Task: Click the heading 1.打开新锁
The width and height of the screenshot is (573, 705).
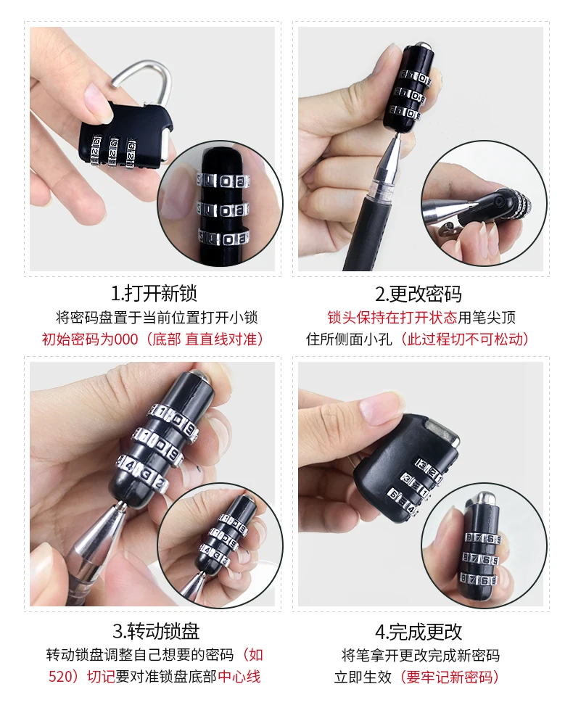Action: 154,294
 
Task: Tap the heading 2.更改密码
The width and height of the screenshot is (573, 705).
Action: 419,294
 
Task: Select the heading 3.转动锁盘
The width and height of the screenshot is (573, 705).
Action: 156,631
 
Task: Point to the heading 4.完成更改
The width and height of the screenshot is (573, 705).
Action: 419,631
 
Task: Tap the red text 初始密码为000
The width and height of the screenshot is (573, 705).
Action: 90,339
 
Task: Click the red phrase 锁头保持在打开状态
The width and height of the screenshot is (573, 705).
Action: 392,318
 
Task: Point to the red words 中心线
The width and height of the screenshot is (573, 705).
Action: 239,676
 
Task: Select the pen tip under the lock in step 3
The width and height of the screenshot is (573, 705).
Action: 121,506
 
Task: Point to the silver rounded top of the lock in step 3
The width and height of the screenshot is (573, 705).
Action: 197,374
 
